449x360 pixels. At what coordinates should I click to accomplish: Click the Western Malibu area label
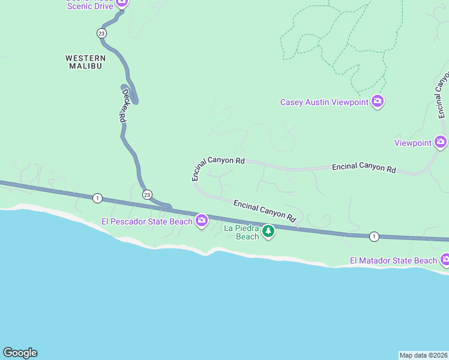85,62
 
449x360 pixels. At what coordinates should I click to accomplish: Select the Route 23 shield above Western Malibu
101,33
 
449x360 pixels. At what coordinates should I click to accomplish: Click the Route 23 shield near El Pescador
147,194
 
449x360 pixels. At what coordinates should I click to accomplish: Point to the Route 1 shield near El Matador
374,236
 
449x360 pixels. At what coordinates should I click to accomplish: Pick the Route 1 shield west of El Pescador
97,197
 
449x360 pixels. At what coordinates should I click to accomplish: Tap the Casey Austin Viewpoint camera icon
378,101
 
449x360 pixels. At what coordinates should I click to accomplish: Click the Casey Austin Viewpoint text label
324,102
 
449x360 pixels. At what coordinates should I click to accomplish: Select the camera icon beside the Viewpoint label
441,142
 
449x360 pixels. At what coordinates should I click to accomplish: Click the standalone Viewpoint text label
413,143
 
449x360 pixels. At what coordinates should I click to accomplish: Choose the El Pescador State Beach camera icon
202,221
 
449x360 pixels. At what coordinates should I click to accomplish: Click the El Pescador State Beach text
147,221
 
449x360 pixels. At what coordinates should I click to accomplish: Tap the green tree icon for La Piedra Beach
268,231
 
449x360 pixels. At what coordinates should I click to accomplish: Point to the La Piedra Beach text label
241,232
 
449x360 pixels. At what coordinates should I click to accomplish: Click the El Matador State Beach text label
393,260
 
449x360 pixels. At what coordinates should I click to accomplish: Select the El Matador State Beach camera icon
445,260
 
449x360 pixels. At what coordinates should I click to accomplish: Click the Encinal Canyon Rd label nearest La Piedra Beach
265,210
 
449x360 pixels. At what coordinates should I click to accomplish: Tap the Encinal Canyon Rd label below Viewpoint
364,168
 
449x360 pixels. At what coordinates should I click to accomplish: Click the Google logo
20,353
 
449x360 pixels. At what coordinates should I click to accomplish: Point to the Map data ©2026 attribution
423,355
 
